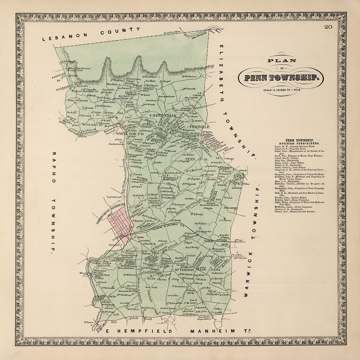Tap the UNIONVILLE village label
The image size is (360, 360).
click(x=163, y=115)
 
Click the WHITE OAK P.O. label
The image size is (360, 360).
click(x=137, y=133)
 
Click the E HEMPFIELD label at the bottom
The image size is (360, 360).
click(x=139, y=331)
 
